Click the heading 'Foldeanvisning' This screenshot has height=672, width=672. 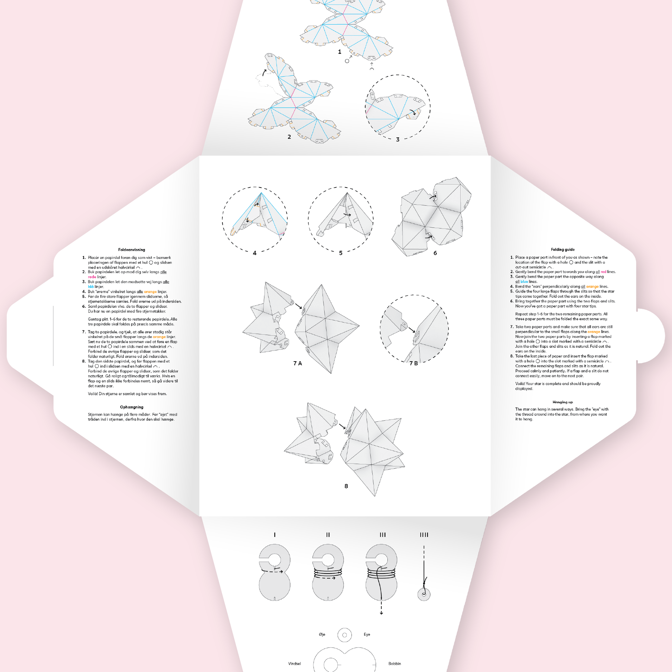click(x=132, y=250)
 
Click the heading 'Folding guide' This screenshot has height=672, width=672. click(x=563, y=249)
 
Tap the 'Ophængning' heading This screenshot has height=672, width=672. click(x=132, y=407)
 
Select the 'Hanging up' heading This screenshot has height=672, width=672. click(x=563, y=402)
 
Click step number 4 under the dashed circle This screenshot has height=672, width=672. click(x=255, y=253)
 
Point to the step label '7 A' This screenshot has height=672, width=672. click(x=297, y=363)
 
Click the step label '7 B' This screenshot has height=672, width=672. click(x=414, y=363)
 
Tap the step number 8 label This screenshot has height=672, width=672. click(x=346, y=486)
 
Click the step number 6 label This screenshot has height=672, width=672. click(x=435, y=253)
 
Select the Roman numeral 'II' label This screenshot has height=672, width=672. click(x=328, y=535)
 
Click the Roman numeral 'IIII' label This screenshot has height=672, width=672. click(x=424, y=535)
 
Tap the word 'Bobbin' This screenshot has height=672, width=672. click(x=394, y=663)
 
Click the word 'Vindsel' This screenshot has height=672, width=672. click(x=294, y=663)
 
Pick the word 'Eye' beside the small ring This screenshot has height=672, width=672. click(x=367, y=634)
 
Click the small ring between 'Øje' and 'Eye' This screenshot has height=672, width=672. click(x=345, y=628)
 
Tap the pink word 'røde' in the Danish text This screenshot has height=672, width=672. click(x=92, y=277)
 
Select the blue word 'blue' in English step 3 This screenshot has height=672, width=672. click(x=524, y=281)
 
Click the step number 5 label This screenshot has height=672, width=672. click(x=341, y=253)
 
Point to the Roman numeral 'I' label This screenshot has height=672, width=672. click(x=275, y=535)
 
